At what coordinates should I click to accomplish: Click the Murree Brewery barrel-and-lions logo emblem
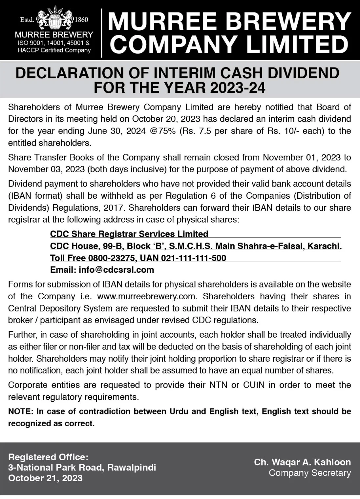click(54, 19)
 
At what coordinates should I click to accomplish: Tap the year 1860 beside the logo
click(81, 20)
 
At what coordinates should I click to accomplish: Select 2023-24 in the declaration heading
click(237, 88)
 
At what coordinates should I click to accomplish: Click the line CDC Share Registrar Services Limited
click(129, 234)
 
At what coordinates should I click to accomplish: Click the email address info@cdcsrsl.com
click(116, 270)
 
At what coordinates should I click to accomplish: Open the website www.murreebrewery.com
click(146, 296)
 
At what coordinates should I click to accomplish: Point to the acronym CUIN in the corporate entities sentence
click(254, 385)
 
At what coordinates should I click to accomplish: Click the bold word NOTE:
click(21, 411)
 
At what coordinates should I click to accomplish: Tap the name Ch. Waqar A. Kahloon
click(302, 462)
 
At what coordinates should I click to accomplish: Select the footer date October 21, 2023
click(45, 478)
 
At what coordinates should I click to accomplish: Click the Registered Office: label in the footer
click(48, 457)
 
